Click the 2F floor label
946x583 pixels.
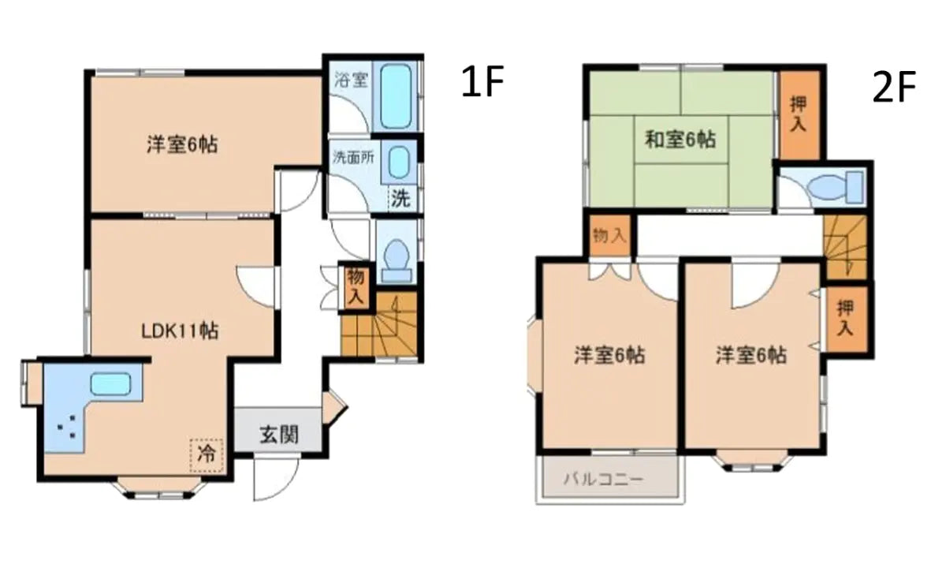coord(893,89)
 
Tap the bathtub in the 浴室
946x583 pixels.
coord(396,97)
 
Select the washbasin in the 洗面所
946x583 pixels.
coord(400,164)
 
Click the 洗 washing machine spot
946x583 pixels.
coord(401,199)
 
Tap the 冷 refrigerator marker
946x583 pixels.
coord(207,454)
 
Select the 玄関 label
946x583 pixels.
coord(279,434)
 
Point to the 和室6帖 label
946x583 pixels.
coord(680,140)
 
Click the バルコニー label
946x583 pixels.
coord(604,479)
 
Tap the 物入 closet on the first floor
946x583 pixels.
coord(356,286)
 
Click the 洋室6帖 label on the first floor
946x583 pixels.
coord(182,144)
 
